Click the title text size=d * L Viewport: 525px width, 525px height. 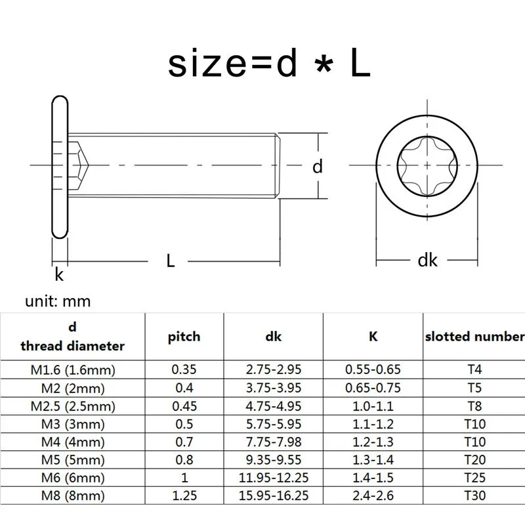(x=269, y=64)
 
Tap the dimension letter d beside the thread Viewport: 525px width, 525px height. (x=318, y=167)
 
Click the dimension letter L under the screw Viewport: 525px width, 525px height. (x=170, y=261)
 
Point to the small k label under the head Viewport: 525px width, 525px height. (x=59, y=275)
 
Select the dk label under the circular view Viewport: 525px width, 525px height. (x=427, y=261)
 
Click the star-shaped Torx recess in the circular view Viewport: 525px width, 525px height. (x=427, y=167)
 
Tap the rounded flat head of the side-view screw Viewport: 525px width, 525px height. (x=60, y=167)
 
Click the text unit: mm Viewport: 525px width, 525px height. (x=58, y=301)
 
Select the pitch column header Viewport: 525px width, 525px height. (x=184, y=337)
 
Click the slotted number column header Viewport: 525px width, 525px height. (x=474, y=337)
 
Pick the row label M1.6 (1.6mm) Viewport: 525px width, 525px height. (x=72, y=369)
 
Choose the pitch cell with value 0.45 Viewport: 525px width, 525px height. (x=184, y=406)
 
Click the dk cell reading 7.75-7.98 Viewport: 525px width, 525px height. (x=273, y=442)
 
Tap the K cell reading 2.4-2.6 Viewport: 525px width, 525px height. (x=372, y=495)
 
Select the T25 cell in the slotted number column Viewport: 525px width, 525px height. (x=474, y=478)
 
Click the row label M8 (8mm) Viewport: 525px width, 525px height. (x=72, y=495)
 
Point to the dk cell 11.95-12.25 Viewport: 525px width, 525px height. (x=273, y=478)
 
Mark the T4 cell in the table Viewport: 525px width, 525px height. (x=474, y=369)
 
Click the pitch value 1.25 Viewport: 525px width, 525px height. (x=184, y=495)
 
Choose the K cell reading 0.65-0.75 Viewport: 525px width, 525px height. (x=372, y=388)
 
